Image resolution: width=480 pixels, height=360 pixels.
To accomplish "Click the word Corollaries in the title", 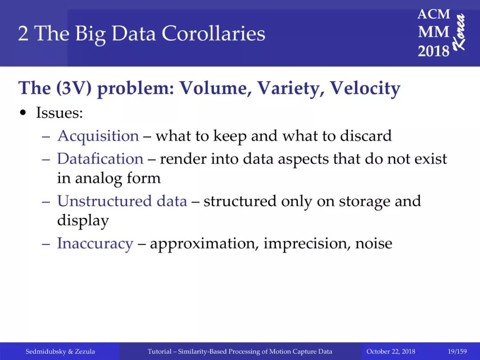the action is click(x=213, y=33).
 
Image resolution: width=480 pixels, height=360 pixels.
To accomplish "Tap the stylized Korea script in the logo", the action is click(x=459, y=32).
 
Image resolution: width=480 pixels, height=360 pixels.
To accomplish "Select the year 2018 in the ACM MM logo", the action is click(x=433, y=51).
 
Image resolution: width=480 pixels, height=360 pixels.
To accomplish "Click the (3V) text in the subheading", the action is click(x=73, y=88).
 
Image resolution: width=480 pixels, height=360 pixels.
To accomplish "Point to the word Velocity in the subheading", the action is click(x=365, y=88).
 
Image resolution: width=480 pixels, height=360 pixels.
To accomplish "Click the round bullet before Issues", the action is click(x=23, y=113).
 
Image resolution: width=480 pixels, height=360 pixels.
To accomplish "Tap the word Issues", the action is click(x=60, y=112).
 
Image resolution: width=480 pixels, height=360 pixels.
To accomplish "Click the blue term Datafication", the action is click(x=100, y=159).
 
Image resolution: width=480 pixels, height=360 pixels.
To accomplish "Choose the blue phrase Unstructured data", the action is click(x=122, y=201).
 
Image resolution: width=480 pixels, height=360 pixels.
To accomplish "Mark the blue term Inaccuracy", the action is click(x=95, y=244).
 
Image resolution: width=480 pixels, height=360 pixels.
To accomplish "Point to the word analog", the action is click(x=99, y=179).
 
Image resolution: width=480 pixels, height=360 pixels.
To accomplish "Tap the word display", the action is click(x=83, y=221).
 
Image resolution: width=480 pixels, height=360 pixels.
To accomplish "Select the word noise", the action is click(x=373, y=244).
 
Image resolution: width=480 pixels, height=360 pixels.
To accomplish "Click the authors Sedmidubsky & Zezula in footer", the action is click(x=60, y=352).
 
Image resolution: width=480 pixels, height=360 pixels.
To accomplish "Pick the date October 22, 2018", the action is click(x=391, y=352).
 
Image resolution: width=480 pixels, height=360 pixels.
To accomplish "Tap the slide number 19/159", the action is click(x=457, y=352).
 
